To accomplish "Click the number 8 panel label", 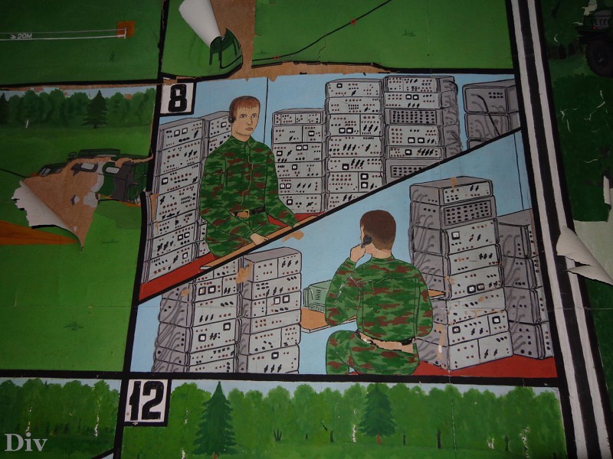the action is point(178,98).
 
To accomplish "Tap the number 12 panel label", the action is point(146,401).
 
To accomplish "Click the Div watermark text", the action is point(26,442).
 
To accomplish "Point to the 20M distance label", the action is point(25,36).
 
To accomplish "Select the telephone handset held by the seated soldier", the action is point(366,241).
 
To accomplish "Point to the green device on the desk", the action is point(316,296).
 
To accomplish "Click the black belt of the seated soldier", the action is point(385,340).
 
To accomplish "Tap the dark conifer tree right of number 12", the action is point(215,419).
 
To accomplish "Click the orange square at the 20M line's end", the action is point(126,29).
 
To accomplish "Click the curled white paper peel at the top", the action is point(200,20).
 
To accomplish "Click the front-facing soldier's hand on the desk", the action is point(260,238).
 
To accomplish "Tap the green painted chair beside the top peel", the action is point(225,50).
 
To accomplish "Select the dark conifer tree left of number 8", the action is point(95,109).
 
